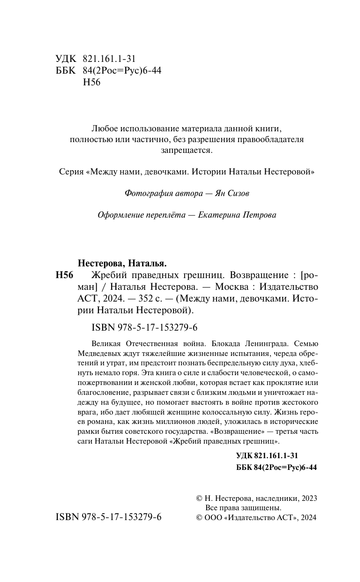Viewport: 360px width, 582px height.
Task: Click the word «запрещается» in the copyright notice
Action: [x=187, y=151]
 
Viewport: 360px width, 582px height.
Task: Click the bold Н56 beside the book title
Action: [x=65, y=275]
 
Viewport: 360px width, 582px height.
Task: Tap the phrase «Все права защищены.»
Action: [x=243, y=507]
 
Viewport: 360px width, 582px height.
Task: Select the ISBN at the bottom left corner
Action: [x=108, y=517]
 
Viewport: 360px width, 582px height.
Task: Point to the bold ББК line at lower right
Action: [x=277, y=468]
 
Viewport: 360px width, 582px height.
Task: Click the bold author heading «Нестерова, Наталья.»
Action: [x=121, y=263]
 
